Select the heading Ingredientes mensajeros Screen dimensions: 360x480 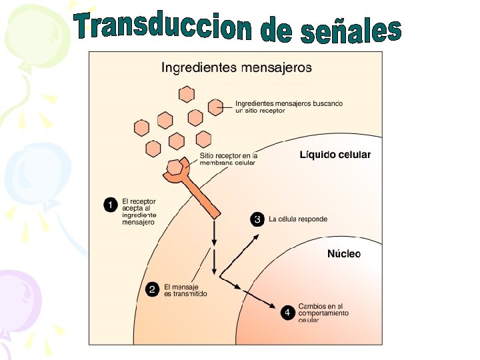tap(237, 67)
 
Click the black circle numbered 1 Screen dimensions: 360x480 tap(112, 205)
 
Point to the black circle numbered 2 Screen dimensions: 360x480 tap(153, 289)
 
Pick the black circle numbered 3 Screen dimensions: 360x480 tap(257, 219)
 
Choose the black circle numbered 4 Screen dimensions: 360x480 tap(287, 313)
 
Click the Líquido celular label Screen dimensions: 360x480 tap(334, 155)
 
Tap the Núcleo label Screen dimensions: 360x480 tap(343, 254)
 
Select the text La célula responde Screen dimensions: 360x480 tap(298, 219)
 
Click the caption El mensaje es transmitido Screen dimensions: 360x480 tap(185, 290)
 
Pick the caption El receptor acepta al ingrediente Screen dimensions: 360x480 tap(139, 211)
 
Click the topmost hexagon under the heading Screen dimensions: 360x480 tap(188, 93)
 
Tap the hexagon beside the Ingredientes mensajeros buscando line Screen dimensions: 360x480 tap(215, 106)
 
